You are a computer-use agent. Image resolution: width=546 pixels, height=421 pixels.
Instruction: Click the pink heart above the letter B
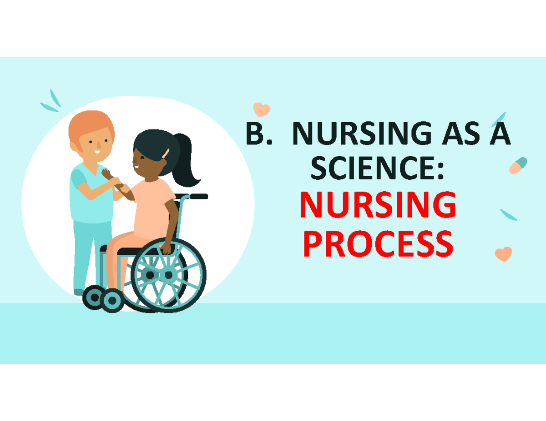(x=262, y=109)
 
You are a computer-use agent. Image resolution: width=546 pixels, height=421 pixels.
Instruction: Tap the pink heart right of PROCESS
(x=503, y=254)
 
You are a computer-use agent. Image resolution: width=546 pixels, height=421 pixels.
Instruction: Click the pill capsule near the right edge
(x=518, y=165)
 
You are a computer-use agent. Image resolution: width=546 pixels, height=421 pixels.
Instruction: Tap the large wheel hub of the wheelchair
(x=168, y=275)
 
